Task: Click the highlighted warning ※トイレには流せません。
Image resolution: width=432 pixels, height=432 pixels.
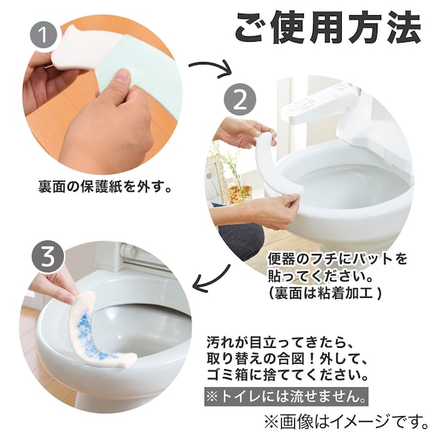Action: point(288,396)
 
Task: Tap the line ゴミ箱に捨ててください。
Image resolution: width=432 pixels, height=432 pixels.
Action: point(288,376)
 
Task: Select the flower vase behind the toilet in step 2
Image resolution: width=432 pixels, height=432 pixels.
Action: point(242,182)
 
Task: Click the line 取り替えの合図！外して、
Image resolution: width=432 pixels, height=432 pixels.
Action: point(288,358)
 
